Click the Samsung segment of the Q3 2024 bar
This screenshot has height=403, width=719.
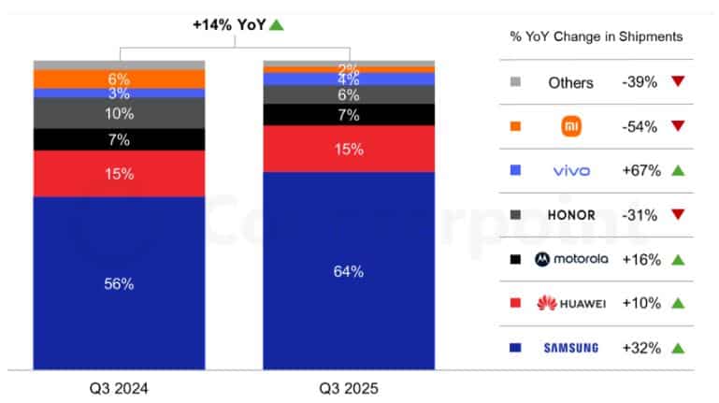coord(119,282)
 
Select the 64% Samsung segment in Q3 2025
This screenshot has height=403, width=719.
coord(348,271)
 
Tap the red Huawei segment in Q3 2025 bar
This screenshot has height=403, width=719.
coord(348,149)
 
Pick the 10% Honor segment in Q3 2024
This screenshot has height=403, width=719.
coord(119,113)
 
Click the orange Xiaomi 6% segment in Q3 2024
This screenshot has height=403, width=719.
coord(119,79)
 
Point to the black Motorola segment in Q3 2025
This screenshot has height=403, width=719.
coord(348,114)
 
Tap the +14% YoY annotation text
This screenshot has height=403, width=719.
coord(229,24)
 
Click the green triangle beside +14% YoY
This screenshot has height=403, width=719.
coord(276,24)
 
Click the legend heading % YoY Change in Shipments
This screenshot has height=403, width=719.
coord(596,36)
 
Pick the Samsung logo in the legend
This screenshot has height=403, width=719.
coord(570,348)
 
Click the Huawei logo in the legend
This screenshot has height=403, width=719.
coord(570,303)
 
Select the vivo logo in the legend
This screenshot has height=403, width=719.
coord(570,171)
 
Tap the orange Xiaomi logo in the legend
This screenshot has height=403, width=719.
coord(570,126)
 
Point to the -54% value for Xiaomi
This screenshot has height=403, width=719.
coord(640,126)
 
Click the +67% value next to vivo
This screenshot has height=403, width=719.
coord(640,171)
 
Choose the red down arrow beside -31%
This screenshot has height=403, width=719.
coord(679,215)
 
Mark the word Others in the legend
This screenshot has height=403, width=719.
coord(570,82)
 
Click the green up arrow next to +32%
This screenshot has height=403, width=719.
coord(679,348)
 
